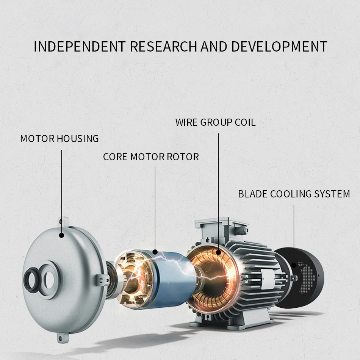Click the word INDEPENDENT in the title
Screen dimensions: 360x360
tap(80, 47)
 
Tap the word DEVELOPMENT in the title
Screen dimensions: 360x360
tap(279, 47)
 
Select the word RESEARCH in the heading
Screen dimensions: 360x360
tap(163, 47)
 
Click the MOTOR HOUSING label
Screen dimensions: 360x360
tap(59, 139)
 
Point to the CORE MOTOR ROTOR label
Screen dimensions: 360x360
tap(151, 157)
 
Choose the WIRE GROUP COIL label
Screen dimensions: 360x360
tap(215, 122)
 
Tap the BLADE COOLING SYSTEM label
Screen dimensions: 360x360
tap(294, 194)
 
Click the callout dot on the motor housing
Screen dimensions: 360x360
tap(61, 235)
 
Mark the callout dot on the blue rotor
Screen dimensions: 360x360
tap(155, 252)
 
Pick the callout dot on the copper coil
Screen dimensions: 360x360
tap(218, 252)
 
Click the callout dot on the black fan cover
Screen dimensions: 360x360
tap(294, 265)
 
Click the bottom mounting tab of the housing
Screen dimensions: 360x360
tap(61, 338)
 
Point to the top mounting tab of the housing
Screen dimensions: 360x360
tap(63, 222)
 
